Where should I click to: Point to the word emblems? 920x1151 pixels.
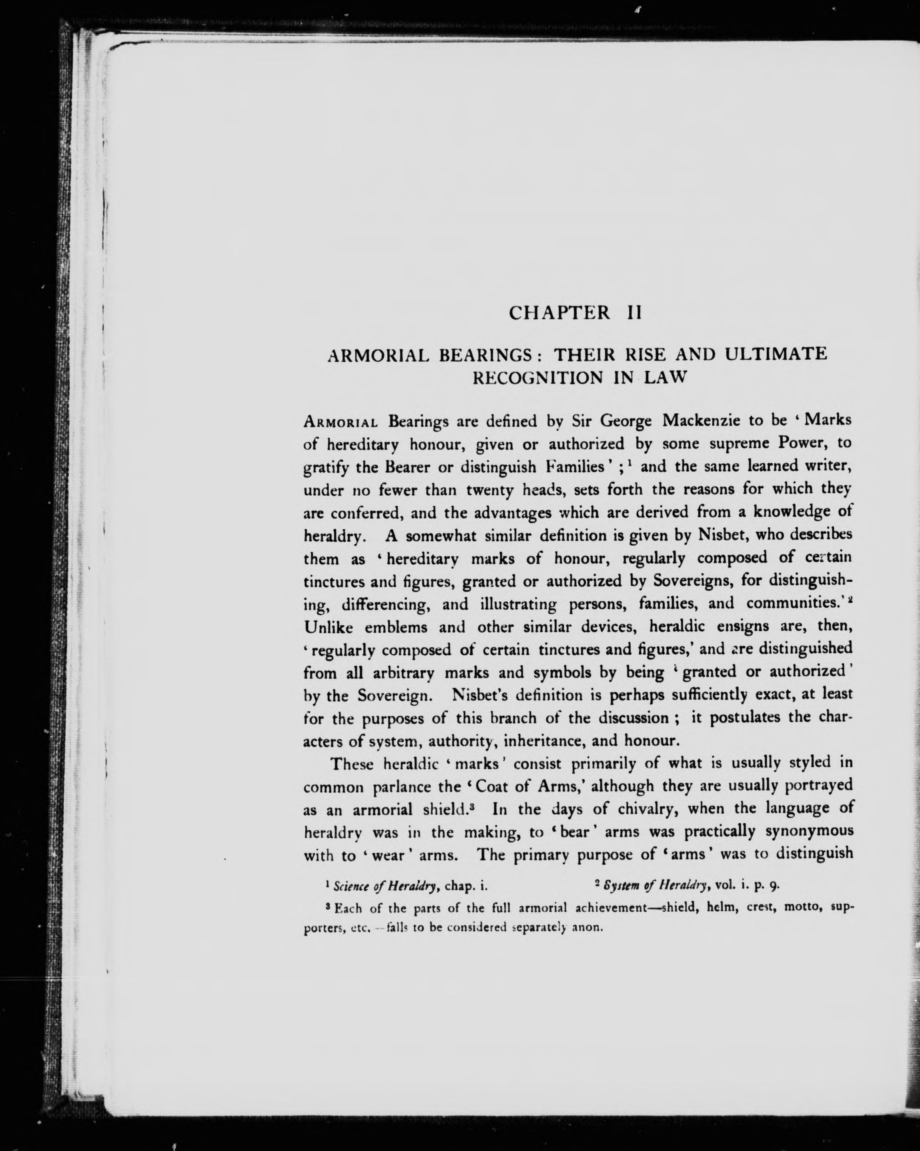click(x=396, y=627)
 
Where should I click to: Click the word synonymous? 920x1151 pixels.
click(x=810, y=833)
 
